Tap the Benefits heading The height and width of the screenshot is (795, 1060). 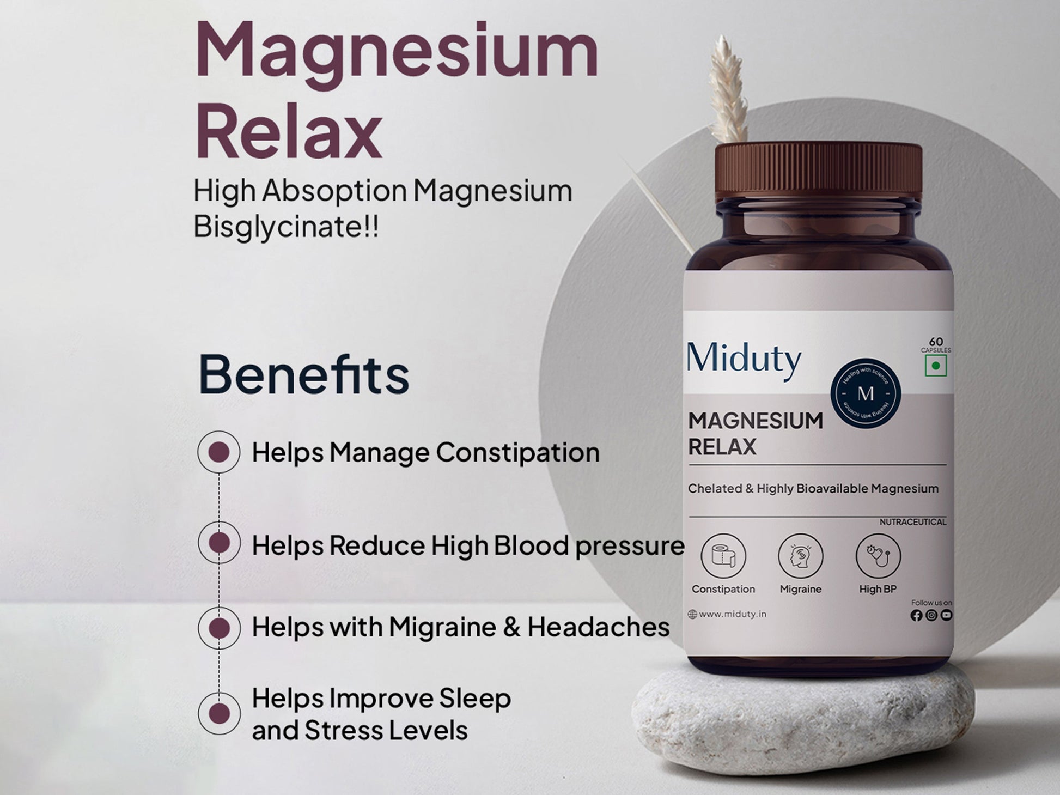(x=303, y=375)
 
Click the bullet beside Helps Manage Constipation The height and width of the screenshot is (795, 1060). (x=219, y=452)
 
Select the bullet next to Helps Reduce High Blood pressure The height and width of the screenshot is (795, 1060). (x=219, y=543)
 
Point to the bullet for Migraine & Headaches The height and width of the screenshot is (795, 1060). (x=219, y=628)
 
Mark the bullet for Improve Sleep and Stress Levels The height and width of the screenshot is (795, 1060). (x=219, y=713)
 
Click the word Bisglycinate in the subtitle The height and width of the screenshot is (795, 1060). (x=278, y=227)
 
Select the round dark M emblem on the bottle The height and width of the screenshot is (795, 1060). (x=866, y=393)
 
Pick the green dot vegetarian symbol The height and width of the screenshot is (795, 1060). (x=936, y=366)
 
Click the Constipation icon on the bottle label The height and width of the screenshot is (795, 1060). (x=723, y=556)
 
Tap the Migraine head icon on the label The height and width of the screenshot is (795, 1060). (x=800, y=556)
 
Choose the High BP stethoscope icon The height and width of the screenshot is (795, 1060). (x=878, y=556)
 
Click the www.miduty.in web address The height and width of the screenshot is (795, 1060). (x=732, y=614)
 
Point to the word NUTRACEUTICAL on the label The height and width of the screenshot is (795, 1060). (x=913, y=522)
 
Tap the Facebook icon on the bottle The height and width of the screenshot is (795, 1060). (x=916, y=615)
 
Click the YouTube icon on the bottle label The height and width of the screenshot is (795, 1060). (x=946, y=615)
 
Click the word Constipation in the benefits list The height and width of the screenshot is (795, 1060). (x=517, y=452)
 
